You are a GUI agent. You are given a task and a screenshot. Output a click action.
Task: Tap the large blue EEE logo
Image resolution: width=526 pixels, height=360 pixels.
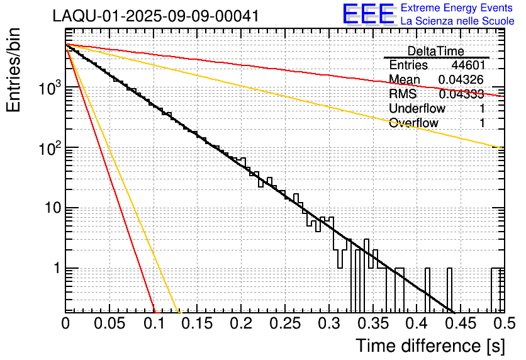pos(368,15)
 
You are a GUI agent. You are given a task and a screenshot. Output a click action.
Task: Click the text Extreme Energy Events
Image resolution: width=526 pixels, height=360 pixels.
pos(457,8)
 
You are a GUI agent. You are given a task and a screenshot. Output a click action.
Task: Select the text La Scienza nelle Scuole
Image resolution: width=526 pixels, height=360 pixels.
pos(457,21)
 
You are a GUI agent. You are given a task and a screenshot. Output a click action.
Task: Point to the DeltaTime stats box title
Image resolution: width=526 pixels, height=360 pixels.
pos(436,51)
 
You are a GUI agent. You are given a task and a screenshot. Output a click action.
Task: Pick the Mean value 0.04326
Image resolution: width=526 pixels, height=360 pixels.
pos(461,80)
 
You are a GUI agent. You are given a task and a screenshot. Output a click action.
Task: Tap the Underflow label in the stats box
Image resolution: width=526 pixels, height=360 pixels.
pos(417,108)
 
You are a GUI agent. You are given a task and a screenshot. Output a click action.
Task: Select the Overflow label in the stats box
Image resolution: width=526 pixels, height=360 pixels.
pos(413,123)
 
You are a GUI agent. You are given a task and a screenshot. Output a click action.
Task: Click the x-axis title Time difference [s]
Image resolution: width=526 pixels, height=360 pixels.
pos(430,346)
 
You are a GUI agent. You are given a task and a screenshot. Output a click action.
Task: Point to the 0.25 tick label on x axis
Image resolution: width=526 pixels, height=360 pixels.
pos(284,324)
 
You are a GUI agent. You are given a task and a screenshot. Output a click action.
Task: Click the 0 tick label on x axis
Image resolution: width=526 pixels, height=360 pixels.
pos(65,324)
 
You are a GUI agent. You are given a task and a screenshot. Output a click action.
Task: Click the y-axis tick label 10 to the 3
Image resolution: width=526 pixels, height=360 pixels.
pos(48,89)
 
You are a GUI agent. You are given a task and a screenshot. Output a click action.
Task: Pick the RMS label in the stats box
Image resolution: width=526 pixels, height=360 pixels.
pos(403,94)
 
